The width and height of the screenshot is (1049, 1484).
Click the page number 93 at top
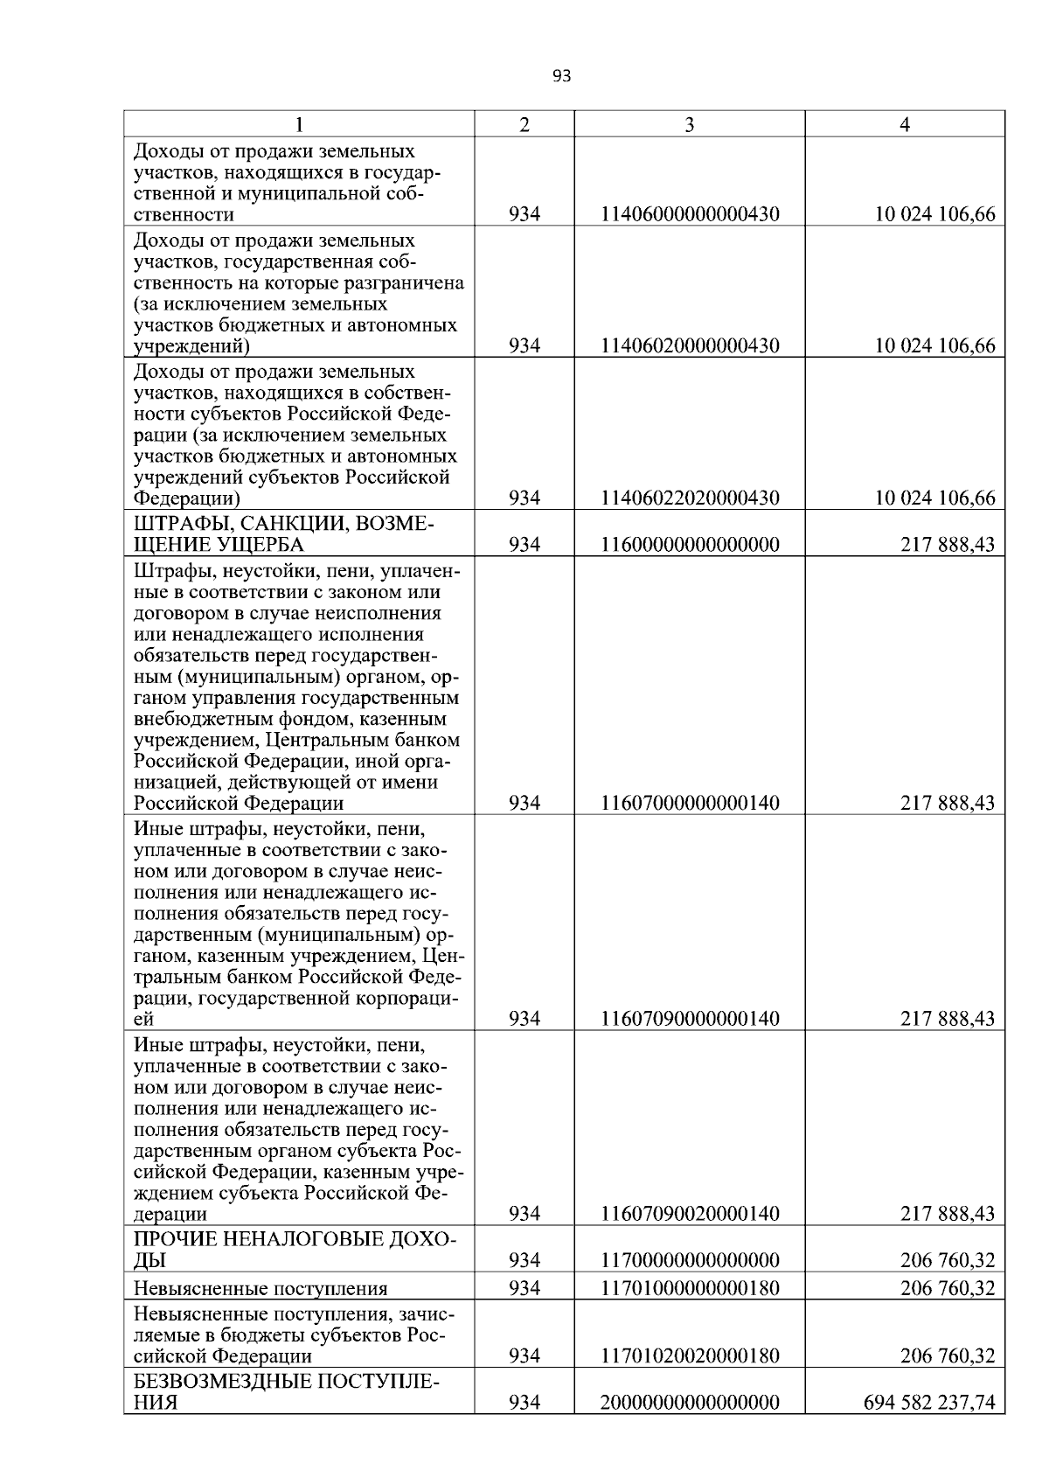point(562,77)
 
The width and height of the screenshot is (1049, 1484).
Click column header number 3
point(689,125)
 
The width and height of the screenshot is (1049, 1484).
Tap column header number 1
point(299,125)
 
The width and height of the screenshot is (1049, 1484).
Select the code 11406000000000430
point(689,214)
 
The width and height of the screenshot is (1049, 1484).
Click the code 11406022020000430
point(689,498)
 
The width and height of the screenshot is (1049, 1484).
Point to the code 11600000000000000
point(689,546)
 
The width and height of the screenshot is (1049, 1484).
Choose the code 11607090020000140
point(689,1214)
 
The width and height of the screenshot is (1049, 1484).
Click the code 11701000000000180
point(689,1288)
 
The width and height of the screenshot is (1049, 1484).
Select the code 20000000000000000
point(689,1403)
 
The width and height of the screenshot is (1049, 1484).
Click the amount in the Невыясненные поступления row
point(947,1288)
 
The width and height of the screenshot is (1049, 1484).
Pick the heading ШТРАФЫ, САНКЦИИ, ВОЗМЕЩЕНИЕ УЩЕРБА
point(283,534)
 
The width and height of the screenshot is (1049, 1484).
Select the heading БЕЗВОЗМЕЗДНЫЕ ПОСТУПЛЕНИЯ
point(286,1392)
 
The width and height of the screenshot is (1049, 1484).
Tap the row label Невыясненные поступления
point(260,1288)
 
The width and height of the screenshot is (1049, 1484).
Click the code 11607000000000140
point(689,804)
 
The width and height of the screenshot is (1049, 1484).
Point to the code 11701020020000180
point(689,1356)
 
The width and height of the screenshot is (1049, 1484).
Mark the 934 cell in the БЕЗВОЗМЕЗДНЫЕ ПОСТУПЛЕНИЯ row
point(524,1403)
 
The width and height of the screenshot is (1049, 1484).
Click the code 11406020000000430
point(689,346)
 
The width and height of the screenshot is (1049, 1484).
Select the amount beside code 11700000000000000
point(947,1261)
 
